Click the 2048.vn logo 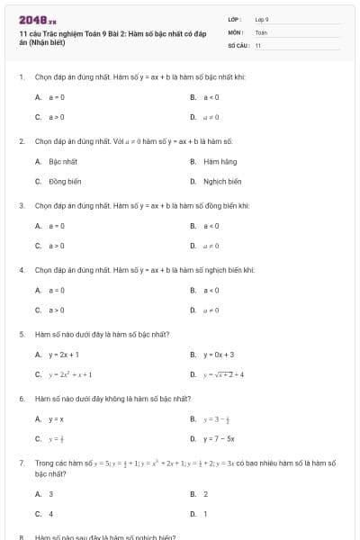[31, 20]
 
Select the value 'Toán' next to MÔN [261, 31]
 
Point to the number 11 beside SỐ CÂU [258, 44]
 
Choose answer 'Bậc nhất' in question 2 [63, 161]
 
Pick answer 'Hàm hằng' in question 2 [220, 161]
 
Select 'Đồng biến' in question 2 [65, 181]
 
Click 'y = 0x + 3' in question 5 [219, 355]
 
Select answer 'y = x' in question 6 [56, 419]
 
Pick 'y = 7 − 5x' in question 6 [219, 439]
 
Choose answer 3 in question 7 [50, 494]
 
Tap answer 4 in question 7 [50, 514]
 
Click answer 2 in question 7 [205, 494]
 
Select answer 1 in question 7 [205, 514]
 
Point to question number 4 [21, 270]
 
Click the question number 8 [21, 537]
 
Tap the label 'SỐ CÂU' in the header [237, 44]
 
